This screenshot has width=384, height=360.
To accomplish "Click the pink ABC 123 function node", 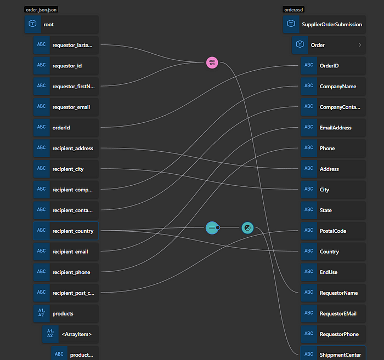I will (x=212, y=62).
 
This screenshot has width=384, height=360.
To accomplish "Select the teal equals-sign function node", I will (x=212, y=227).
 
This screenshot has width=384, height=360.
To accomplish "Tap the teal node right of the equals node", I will (x=248, y=227).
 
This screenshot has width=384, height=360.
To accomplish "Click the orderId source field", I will (x=66, y=128).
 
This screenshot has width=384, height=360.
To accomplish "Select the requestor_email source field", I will (x=66, y=107).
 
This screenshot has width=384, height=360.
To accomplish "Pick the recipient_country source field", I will (x=66, y=231).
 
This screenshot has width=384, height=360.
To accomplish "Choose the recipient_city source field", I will (x=66, y=169).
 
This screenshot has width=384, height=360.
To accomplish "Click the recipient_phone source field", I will (x=66, y=272).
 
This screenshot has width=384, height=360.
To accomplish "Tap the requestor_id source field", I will (x=66, y=66).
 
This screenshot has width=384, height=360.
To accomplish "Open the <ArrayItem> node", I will (x=71, y=334).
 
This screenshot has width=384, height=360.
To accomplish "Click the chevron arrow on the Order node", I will (x=359, y=45).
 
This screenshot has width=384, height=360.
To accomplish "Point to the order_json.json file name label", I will (x=41, y=9).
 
